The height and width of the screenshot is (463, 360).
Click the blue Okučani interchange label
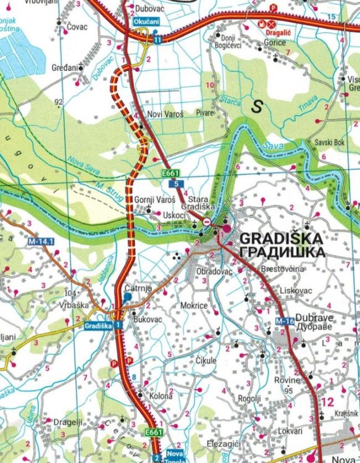[x=146, y=22]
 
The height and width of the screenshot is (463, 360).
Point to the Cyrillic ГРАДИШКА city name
[x=282, y=252]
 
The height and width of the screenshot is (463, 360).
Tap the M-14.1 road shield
[x=40, y=241]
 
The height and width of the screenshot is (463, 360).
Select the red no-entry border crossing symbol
[x=208, y=221]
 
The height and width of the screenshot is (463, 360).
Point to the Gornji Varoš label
[x=155, y=201]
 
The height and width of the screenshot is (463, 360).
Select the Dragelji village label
[x=68, y=422]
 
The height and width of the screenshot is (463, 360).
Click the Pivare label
[x=204, y=113]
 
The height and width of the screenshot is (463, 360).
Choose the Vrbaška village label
[x=74, y=305]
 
